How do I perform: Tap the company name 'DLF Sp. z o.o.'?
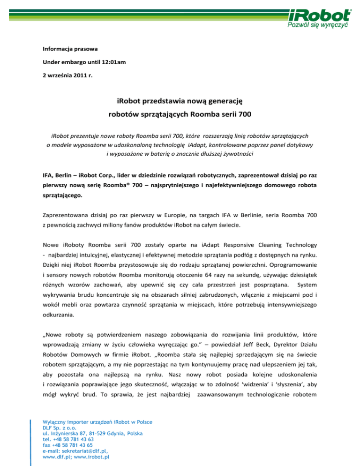pyautogui.click(x=59, y=428)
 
